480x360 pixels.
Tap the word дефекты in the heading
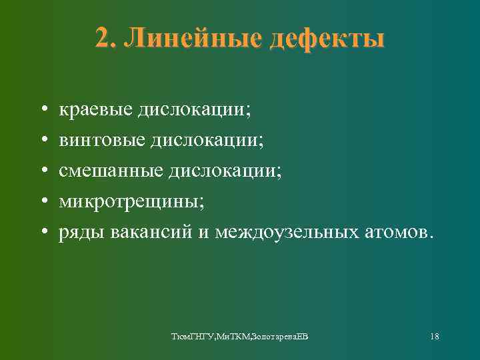coord(327,39)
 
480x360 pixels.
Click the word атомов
coord(401,233)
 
